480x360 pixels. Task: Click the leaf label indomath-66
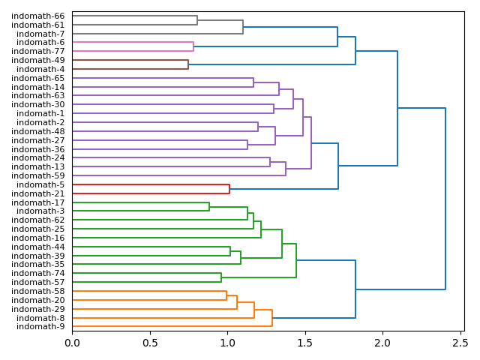tap(37, 16)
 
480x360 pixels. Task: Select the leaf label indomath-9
tap(40, 327)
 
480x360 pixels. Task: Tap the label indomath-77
tap(37, 51)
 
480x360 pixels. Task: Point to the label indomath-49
tap(37, 60)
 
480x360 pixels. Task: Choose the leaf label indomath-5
tap(40, 184)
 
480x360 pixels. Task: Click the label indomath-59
tap(37, 175)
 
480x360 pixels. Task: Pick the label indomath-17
tap(37, 202)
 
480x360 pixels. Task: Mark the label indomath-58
tap(37, 291)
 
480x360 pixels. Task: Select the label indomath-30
tap(37, 104)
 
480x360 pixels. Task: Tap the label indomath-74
tap(37, 274)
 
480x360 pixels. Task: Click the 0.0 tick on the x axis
tap(72, 343)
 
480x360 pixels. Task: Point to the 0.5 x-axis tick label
tap(150, 343)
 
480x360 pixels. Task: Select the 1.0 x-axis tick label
tap(227, 343)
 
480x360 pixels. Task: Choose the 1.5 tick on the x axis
tap(305, 343)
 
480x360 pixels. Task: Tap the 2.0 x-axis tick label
tap(382, 343)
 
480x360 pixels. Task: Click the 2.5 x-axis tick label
tap(460, 343)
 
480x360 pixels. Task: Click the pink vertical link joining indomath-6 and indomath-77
tap(193, 46)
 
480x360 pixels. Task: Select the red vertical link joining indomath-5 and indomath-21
tap(229, 189)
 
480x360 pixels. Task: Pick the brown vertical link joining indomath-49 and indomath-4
tap(188, 64)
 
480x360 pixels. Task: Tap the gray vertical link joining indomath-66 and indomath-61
tap(197, 20)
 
